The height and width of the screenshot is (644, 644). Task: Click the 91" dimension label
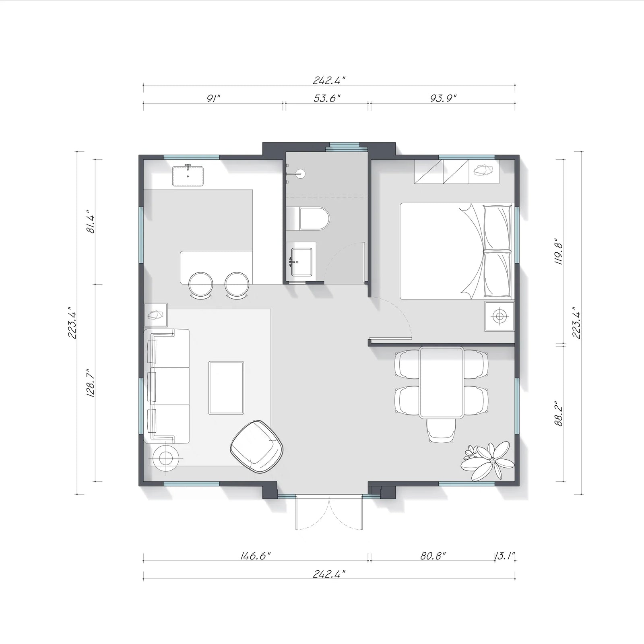(x=213, y=98)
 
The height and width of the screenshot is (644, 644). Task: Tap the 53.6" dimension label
(x=328, y=98)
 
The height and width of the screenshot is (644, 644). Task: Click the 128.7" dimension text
(x=90, y=383)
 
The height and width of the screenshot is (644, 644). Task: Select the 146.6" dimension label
(x=255, y=556)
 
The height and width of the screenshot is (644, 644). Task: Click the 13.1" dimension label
(x=505, y=556)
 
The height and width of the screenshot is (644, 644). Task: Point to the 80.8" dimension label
(x=433, y=556)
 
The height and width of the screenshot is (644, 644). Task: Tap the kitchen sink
(x=188, y=176)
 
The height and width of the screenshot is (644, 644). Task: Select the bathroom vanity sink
(x=301, y=262)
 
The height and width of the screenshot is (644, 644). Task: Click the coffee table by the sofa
(x=226, y=388)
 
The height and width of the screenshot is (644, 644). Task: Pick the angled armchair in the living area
(x=258, y=446)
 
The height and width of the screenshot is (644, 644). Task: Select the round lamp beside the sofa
(x=165, y=458)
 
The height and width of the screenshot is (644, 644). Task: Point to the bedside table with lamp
(x=500, y=316)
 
